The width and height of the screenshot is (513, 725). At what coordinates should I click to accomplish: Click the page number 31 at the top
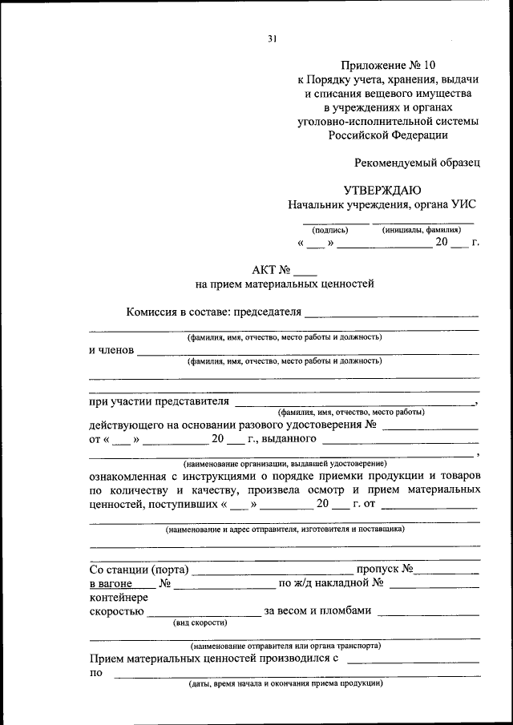point(272,38)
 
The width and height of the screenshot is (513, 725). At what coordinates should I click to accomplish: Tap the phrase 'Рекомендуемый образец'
point(418,162)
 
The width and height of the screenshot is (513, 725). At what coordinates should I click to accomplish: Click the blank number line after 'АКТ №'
point(306,272)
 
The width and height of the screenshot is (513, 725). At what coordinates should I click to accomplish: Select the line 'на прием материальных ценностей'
point(285,284)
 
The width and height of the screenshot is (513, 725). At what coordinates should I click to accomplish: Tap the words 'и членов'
point(111,350)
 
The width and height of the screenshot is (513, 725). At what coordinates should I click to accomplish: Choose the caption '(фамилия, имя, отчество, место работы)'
point(345,412)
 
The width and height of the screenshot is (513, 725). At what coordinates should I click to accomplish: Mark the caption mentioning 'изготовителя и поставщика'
point(285,530)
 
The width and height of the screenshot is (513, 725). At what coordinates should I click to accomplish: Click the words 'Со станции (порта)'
point(139,570)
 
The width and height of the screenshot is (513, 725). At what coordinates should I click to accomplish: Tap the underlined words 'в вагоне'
point(110,584)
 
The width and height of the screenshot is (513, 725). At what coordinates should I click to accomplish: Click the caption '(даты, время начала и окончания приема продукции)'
point(285,685)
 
